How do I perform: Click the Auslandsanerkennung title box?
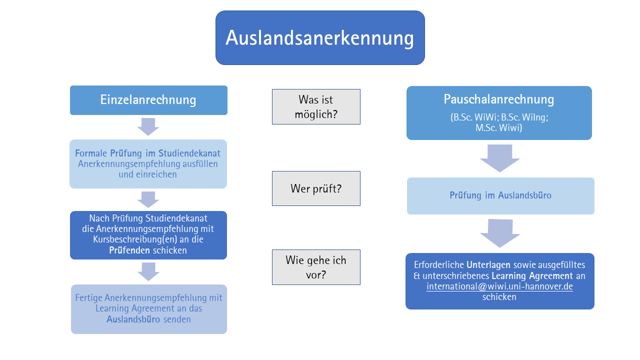pos(320,37)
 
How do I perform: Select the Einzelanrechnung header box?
pos(148,100)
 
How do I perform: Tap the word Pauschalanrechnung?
pos(499,99)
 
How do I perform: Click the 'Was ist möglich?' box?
pos(316,106)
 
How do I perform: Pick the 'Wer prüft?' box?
pos(316,188)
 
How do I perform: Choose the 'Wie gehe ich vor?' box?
pos(316,267)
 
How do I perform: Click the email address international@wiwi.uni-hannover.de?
pos(499,286)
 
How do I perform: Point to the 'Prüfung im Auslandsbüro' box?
pos(500,195)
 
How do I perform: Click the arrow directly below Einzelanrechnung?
pos(148,127)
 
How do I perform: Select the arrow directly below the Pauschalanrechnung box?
pos(499,158)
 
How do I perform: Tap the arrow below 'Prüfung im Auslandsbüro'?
pos(500,233)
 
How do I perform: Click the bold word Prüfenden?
pos(129,250)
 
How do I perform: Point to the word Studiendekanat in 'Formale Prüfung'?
pos(189,153)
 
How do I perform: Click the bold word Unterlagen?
pos(488,265)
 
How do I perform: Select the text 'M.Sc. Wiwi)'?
pos(499,127)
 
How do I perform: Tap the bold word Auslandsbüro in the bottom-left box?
pos(133,319)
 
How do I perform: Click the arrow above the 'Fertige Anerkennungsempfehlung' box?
pos(148,271)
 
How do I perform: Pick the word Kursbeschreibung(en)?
pos(135,239)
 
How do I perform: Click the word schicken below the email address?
pos(499,297)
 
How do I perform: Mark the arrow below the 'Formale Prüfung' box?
pos(148,199)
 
